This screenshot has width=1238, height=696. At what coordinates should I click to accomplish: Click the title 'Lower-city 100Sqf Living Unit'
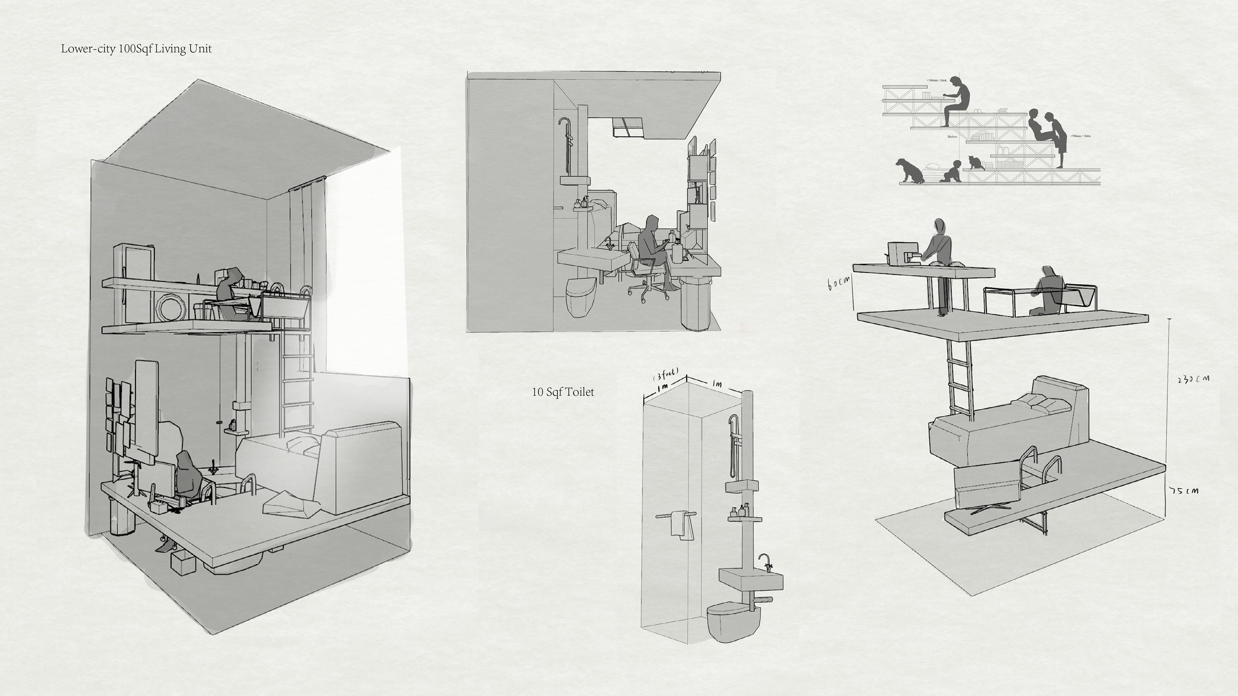point(136,49)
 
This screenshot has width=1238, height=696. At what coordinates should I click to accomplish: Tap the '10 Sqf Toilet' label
point(563,392)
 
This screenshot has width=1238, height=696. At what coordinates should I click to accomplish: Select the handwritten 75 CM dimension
point(1184,491)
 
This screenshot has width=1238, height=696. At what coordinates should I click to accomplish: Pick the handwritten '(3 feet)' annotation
point(666,374)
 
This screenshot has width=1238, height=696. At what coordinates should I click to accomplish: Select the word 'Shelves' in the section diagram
point(952,136)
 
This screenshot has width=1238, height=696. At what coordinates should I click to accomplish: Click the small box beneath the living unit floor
point(183,563)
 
